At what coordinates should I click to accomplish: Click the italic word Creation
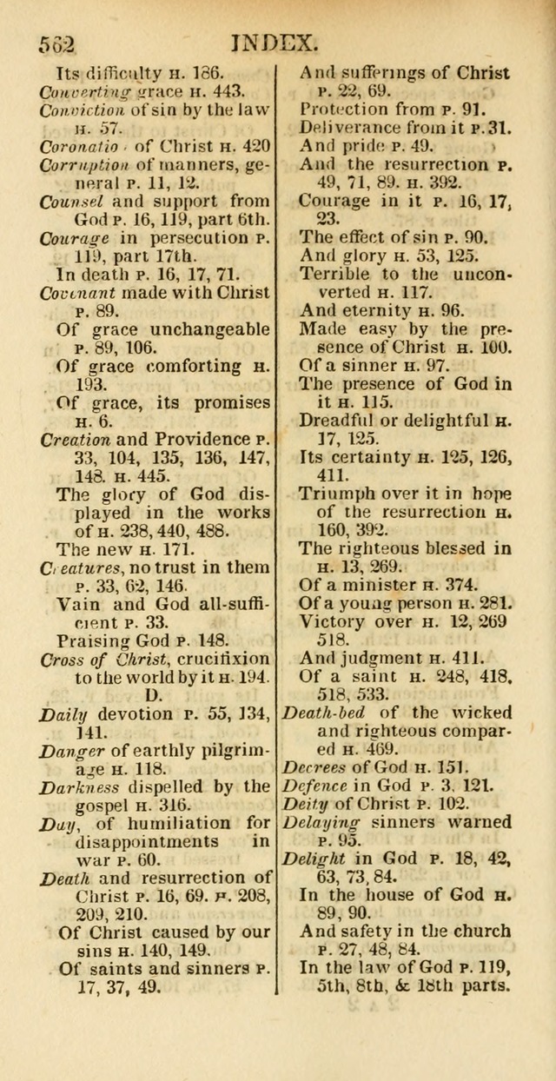[x=75, y=439]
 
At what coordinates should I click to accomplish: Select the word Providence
[x=198, y=439]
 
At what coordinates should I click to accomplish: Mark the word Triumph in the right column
[x=341, y=492]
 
